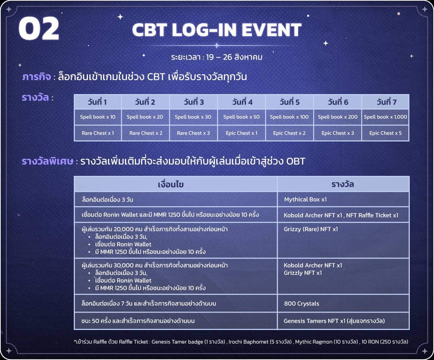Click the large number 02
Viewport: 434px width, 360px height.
coord(39,29)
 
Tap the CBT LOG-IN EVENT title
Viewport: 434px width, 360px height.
coord(217,30)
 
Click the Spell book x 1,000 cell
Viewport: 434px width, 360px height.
coord(386,117)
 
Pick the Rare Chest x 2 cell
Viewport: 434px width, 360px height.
coord(146,133)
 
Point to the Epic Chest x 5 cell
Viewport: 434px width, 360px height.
coord(386,133)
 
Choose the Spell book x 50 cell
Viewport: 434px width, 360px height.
coord(242,117)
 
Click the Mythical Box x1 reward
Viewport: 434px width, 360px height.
coord(305,199)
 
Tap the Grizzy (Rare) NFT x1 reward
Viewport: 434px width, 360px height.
coord(311,229)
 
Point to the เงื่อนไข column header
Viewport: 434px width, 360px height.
coord(171,185)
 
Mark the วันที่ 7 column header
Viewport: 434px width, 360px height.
coord(386,102)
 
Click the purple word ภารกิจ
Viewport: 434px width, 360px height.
coord(37,77)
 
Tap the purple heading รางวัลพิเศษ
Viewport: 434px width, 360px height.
coord(48,161)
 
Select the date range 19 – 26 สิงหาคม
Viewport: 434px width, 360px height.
coord(234,57)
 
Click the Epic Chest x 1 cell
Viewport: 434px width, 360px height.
coord(242,133)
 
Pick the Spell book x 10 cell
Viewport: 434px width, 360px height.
coord(98,117)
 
